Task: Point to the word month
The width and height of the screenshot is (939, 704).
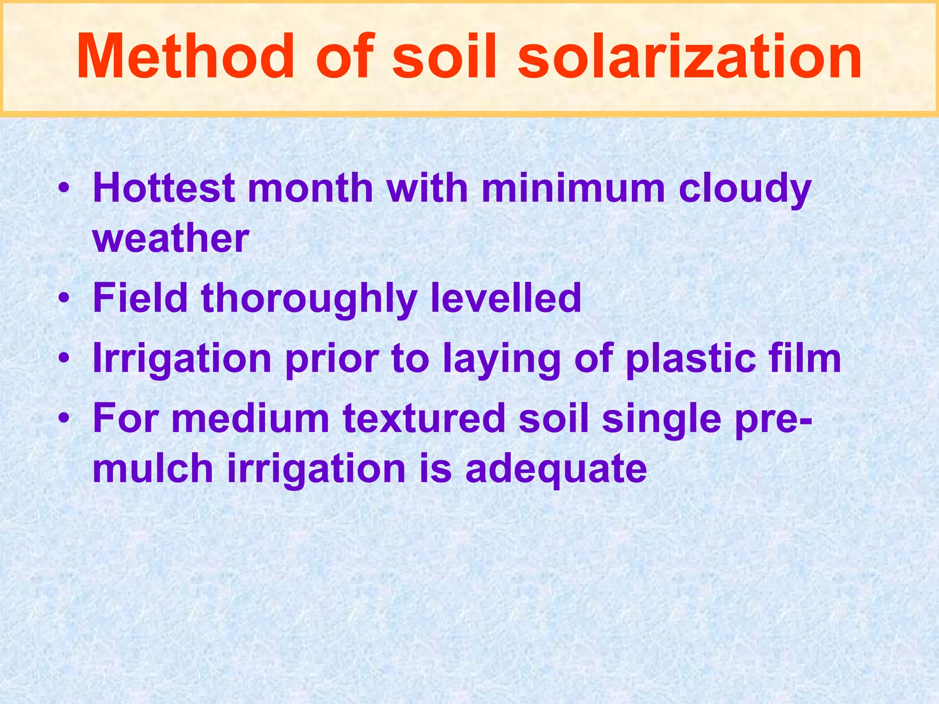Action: coord(311,188)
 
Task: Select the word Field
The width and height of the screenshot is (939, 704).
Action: coord(140,298)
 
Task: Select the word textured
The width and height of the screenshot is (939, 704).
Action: coord(424,418)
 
